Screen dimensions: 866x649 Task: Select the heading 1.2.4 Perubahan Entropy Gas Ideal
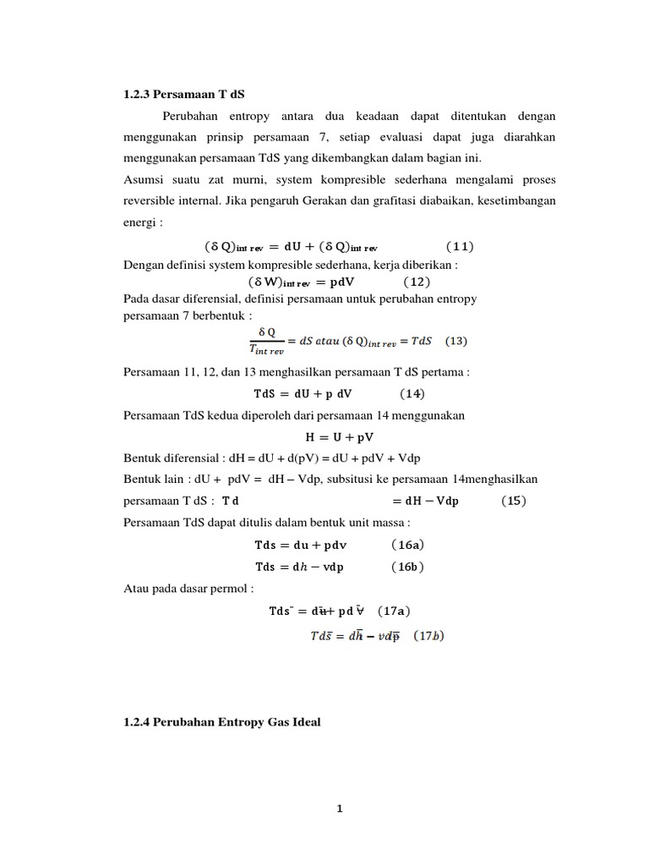[222, 722]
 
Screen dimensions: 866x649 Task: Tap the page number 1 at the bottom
[339, 808]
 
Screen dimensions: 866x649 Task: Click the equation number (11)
[460, 247]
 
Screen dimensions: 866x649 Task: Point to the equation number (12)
[417, 282]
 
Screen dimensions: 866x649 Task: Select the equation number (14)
[412, 393]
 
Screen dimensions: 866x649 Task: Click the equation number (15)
[514, 500]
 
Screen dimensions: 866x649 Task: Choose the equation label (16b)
[407, 567]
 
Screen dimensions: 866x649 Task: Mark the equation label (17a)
[395, 611]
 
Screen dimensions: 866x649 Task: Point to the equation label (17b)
[429, 636]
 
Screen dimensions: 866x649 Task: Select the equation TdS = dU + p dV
[303, 393]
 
